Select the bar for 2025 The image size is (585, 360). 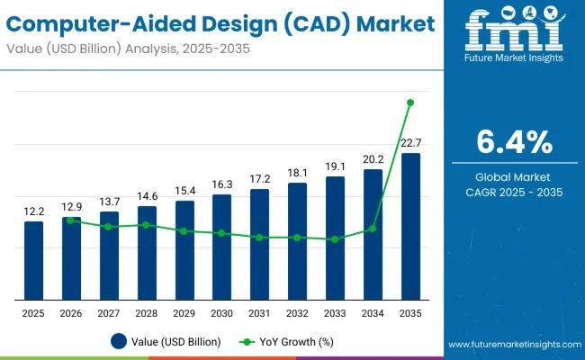tap(33, 260)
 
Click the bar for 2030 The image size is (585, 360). tap(221, 247)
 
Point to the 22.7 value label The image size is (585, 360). tap(410, 142)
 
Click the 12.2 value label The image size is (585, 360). tap(33, 211)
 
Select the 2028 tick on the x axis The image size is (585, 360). tap(147, 312)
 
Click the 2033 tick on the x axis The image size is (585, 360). tap(335, 312)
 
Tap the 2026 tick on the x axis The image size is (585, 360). tap(71, 312)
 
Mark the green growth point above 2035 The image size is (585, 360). tap(410, 103)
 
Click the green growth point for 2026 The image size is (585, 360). tap(71, 220)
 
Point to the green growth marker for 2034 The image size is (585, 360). tap(373, 229)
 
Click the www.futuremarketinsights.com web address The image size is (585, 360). tap(514, 345)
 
